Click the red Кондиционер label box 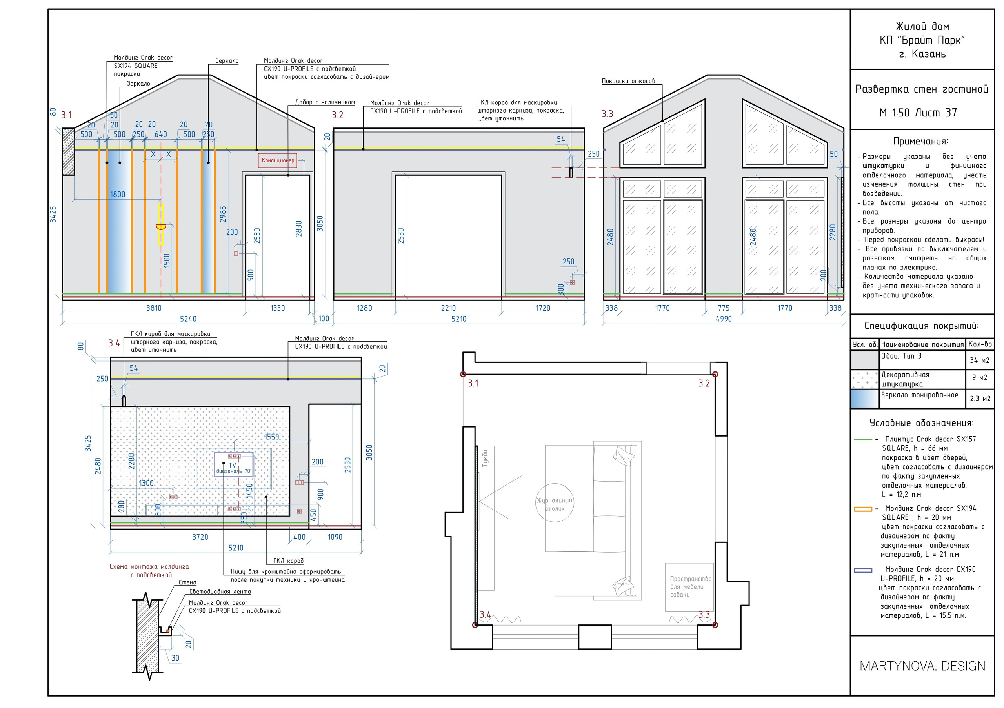(x=278, y=160)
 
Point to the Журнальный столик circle (x=555, y=503)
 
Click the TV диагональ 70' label (x=233, y=468)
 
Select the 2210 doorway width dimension (x=448, y=308)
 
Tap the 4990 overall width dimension (x=723, y=319)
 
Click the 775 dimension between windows (x=723, y=308)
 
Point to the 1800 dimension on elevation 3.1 (x=117, y=194)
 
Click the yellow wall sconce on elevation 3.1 (x=161, y=225)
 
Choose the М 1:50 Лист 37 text (x=918, y=113)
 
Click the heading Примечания (x=920, y=141)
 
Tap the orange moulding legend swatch (x=863, y=509)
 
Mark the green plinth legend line (x=863, y=439)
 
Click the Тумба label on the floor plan (x=485, y=458)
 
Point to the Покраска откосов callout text (x=628, y=81)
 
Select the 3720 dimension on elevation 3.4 (x=200, y=537)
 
